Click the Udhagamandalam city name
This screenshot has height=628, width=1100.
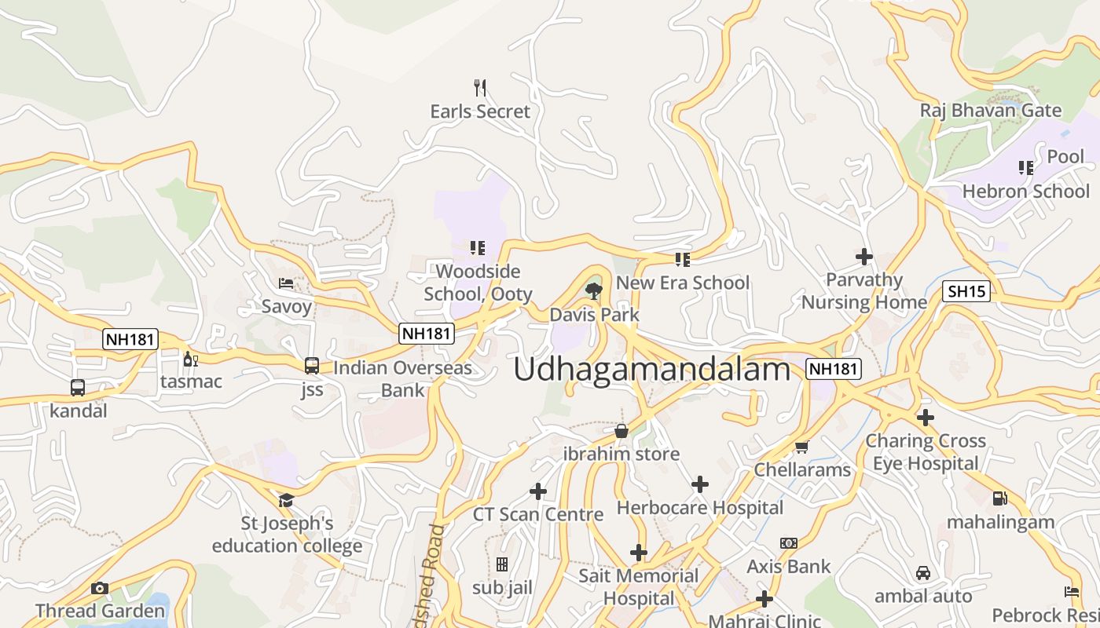[x=651, y=370]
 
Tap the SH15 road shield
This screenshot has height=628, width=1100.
[x=966, y=292]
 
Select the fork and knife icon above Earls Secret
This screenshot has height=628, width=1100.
[x=480, y=87]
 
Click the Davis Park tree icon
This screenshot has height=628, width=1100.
[x=594, y=292]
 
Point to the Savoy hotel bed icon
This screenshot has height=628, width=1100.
[x=286, y=283]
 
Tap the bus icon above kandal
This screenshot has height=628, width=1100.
[x=78, y=387]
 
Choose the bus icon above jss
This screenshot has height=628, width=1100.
[x=312, y=365]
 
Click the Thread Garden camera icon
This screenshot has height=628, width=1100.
[x=100, y=588]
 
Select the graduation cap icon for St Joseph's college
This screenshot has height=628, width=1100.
[x=286, y=500]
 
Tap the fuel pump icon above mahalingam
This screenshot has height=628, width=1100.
[x=999, y=498]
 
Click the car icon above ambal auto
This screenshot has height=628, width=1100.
[x=923, y=573]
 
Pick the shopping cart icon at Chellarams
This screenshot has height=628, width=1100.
[x=801, y=447]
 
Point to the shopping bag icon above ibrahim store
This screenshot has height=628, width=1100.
[x=621, y=430]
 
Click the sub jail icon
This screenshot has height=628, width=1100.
[x=502, y=564]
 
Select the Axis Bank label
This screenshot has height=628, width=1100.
[x=788, y=566]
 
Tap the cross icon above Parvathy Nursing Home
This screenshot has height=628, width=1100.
[x=864, y=257]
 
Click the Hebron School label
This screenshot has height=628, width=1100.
[x=1025, y=192]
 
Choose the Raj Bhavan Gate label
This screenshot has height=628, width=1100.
[x=990, y=111]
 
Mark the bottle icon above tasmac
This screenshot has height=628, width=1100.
[x=189, y=360]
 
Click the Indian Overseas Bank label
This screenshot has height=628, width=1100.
[x=402, y=378]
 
